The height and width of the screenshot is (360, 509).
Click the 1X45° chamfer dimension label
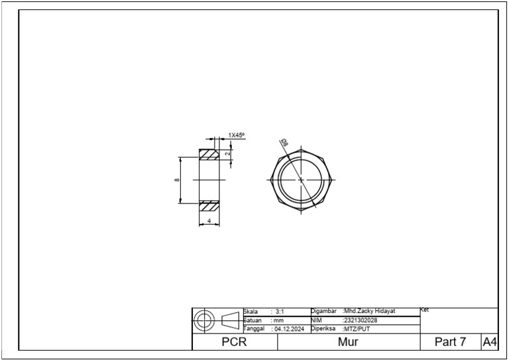click(237, 135)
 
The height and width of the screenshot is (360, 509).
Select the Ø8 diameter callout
click(284, 143)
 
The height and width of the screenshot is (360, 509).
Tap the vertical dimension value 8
click(177, 180)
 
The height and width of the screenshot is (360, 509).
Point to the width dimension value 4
click(209, 221)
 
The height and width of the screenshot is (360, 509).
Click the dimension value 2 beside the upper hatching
click(227, 153)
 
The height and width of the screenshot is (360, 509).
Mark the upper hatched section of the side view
click(209, 154)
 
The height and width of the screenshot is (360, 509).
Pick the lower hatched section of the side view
click(209, 206)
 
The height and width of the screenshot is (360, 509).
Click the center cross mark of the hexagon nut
click(301, 180)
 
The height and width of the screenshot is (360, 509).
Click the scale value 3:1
click(280, 312)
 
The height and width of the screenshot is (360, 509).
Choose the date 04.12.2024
click(289, 329)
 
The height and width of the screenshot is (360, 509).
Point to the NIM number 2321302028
click(361, 320)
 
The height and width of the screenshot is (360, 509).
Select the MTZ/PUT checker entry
click(357, 329)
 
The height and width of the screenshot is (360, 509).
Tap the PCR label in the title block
click(234, 342)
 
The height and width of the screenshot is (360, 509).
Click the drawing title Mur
click(348, 342)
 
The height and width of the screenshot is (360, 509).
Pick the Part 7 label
click(450, 342)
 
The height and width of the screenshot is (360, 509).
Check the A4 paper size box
click(489, 342)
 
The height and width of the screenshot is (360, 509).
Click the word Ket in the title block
click(425, 310)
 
